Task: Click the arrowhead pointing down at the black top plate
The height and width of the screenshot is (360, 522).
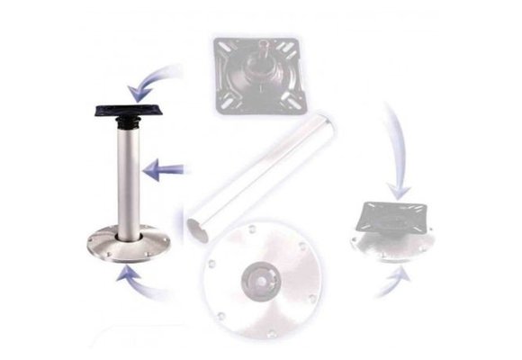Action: point(136,91)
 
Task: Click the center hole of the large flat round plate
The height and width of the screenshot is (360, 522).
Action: point(261,275)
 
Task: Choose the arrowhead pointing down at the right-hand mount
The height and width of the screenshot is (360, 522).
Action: point(397,191)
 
